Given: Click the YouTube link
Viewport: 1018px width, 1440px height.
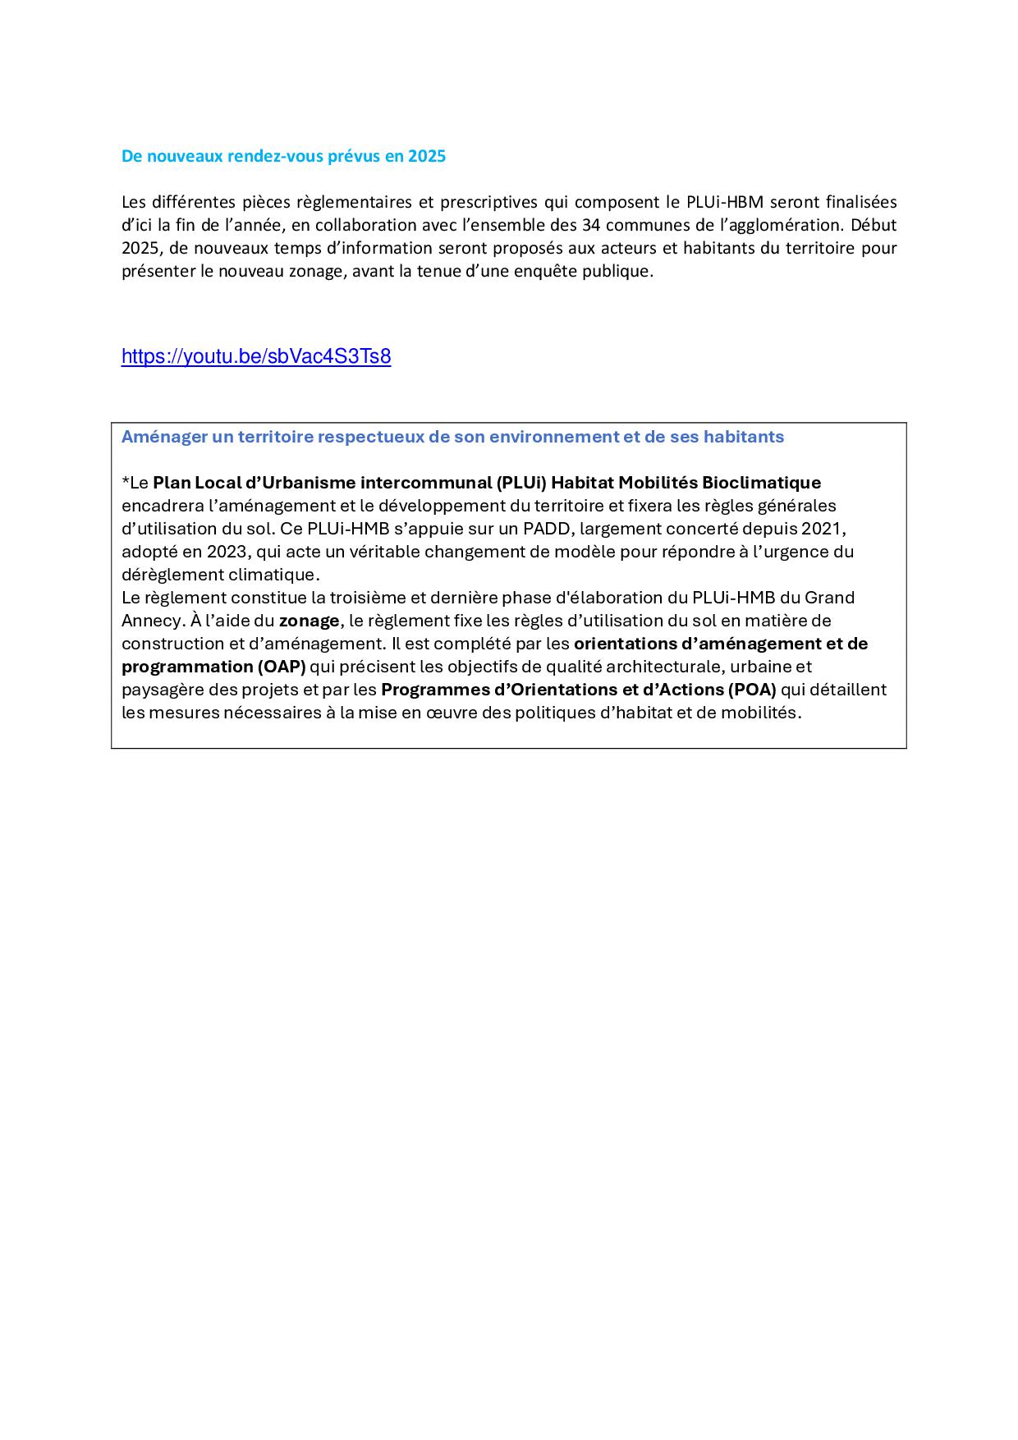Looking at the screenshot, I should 255,356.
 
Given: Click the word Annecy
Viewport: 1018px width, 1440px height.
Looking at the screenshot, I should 144,621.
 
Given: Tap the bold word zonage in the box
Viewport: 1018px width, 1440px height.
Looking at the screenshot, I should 309,621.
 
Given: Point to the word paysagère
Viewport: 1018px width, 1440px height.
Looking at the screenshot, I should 161,690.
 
